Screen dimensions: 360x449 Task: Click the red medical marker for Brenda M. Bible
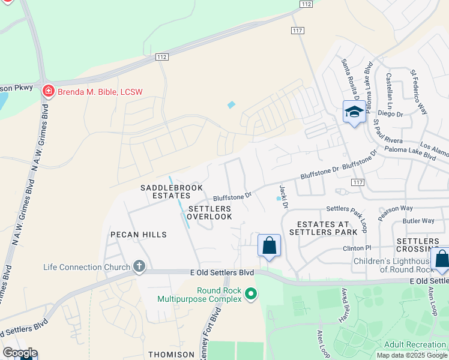tap(48, 92)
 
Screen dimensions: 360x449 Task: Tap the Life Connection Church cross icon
tap(139, 266)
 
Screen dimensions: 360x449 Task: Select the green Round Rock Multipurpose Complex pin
tap(251, 294)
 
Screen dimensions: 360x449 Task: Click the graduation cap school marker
tap(354, 112)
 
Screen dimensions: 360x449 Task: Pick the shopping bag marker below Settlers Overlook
tap(269, 245)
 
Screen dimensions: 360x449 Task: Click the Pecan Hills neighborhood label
tap(138, 235)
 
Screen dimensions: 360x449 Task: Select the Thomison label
tap(171, 355)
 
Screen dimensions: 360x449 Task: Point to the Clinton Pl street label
tap(358, 248)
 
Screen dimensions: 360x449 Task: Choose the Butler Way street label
tap(419, 221)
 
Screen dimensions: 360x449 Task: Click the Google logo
tap(20, 353)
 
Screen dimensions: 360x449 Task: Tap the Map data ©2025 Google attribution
tap(412, 355)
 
